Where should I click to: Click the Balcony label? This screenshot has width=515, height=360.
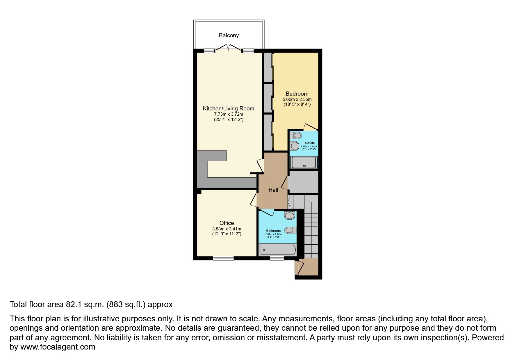(x=229, y=35)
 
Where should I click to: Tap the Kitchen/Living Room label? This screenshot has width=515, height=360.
(x=229, y=109)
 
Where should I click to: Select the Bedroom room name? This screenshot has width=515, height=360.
(x=297, y=94)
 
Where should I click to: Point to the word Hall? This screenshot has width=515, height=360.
(x=273, y=190)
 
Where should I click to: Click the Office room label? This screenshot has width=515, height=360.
(x=227, y=223)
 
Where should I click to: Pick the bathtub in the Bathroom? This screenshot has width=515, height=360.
(x=278, y=250)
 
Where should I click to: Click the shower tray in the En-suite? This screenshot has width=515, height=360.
(x=304, y=162)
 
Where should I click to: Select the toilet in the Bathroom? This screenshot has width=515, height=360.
(x=290, y=215)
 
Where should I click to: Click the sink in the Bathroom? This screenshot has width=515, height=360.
(x=290, y=230)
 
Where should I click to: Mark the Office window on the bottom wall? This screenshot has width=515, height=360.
(x=223, y=258)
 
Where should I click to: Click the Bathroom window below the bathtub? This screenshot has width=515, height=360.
(x=277, y=258)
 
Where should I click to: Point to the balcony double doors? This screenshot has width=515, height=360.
(x=228, y=48)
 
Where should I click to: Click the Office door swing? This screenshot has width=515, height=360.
(x=254, y=200)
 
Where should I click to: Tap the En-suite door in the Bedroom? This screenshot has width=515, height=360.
(x=310, y=126)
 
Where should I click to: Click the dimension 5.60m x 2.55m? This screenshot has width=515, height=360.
(x=297, y=99)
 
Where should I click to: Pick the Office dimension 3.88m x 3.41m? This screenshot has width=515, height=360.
(x=227, y=229)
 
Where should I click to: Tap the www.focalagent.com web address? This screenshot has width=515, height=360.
(x=58, y=347)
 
